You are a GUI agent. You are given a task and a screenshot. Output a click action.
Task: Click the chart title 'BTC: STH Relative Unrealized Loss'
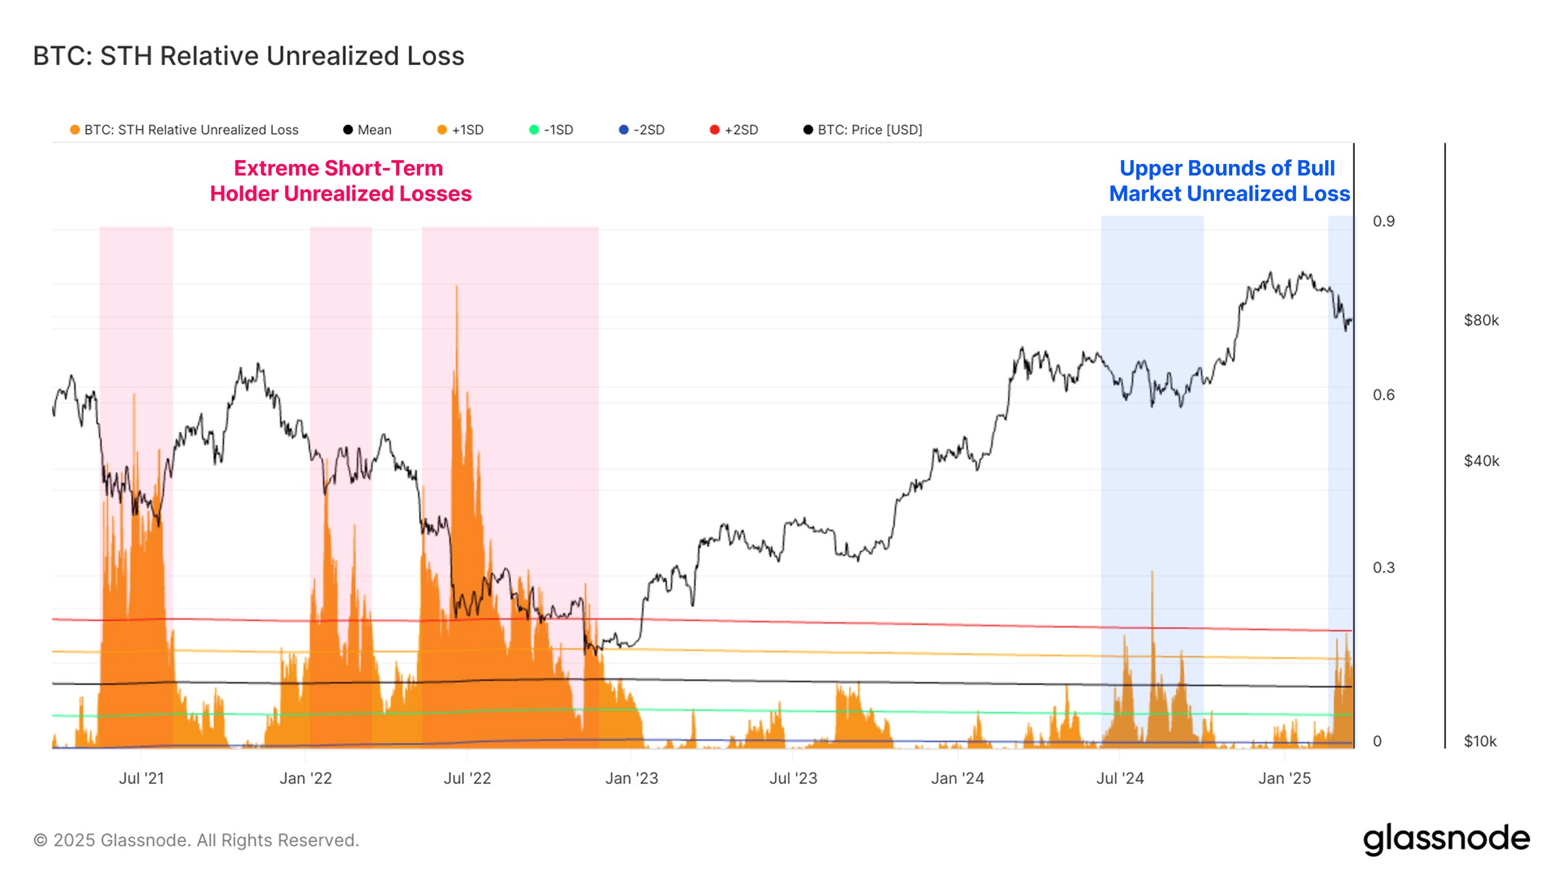coord(248,56)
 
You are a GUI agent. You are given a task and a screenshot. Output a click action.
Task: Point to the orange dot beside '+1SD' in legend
coord(442,130)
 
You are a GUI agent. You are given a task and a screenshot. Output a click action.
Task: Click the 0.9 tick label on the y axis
coord(1383,221)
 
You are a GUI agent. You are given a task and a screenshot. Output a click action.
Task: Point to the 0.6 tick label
coord(1383,395)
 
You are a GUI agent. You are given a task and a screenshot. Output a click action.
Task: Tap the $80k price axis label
coord(1481,320)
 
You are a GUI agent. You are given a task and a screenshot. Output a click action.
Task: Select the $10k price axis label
coord(1480,741)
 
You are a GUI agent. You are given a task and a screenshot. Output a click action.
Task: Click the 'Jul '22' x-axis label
coord(467,778)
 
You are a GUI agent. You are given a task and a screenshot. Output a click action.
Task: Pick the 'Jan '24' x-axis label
coord(957,778)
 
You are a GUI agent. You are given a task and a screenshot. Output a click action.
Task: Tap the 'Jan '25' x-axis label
coord(1284,778)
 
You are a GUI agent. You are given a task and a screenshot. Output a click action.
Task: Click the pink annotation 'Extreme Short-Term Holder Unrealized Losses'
coord(340,181)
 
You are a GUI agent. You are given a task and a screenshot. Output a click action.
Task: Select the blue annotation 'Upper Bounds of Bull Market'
coord(1229,181)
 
